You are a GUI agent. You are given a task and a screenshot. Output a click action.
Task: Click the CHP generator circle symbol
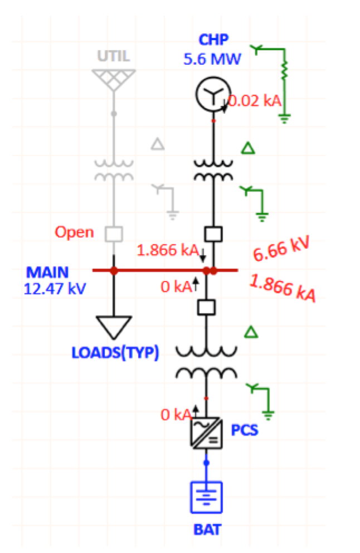tap(213, 94)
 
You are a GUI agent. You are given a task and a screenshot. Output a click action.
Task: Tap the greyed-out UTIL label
tap(114, 56)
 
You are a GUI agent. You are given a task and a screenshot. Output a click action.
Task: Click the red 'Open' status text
tap(74, 232)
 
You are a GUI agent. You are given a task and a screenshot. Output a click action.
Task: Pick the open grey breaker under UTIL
tap(114, 234)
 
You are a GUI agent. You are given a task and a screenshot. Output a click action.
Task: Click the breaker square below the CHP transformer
tap(213, 234)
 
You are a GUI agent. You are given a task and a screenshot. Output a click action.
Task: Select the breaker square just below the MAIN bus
tap(206, 307)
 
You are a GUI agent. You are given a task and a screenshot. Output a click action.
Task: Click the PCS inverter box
tap(206, 433)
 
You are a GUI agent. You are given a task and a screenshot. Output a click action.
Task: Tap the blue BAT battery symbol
tap(206, 497)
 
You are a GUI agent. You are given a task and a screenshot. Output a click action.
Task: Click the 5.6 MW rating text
tap(212, 59)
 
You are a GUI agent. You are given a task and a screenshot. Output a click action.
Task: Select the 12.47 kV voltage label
tap(55, 289)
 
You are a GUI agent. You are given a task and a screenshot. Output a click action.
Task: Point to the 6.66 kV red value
tap(281, 249)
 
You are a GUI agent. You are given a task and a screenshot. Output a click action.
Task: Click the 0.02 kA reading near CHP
tap(255, 101)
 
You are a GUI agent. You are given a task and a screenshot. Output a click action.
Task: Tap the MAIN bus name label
tap(47, 273)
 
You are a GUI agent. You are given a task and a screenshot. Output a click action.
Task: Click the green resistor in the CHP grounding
tap(284, 70)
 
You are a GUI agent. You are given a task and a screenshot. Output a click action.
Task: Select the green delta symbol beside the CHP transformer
tap(248, 148)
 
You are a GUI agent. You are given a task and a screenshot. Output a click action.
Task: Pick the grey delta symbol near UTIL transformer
tap(158, 144)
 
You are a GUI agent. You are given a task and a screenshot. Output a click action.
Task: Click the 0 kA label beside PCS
tap(176, 415)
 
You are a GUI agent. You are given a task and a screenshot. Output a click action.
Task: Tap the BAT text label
tap(207, 530)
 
